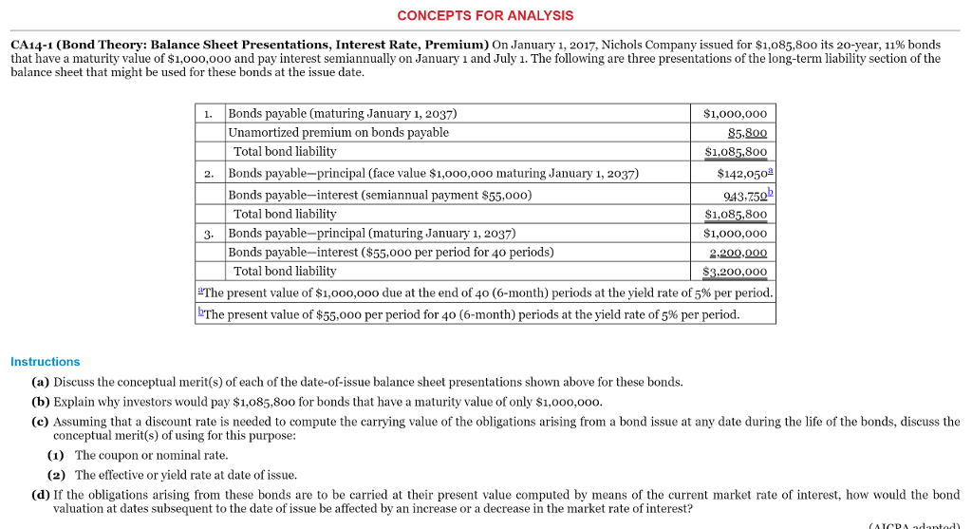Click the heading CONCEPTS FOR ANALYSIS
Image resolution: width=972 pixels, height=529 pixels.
(x=485, y=15)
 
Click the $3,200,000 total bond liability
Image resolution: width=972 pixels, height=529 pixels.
(x=735, y=274)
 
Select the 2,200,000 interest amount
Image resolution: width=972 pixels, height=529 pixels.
(x=738, y=253)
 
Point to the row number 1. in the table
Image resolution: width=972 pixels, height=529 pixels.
(x=209, y=113)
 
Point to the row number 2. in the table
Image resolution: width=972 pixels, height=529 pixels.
(x=209, y=174)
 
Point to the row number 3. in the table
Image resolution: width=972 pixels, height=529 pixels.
(x=209, y=234)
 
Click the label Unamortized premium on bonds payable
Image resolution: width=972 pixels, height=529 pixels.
(x=339, y=133)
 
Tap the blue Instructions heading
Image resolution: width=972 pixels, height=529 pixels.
(x=45, y=362)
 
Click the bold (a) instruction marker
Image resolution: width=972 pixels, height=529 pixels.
(x=41, y=382)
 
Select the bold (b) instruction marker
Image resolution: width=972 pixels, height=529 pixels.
(x=41, y=402)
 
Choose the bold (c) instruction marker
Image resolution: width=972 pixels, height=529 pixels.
(x=41, y=421)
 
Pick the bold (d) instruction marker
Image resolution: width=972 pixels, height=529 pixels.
(x=41, y=495)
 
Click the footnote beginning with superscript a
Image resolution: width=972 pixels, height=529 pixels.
(x=484, y=293)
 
